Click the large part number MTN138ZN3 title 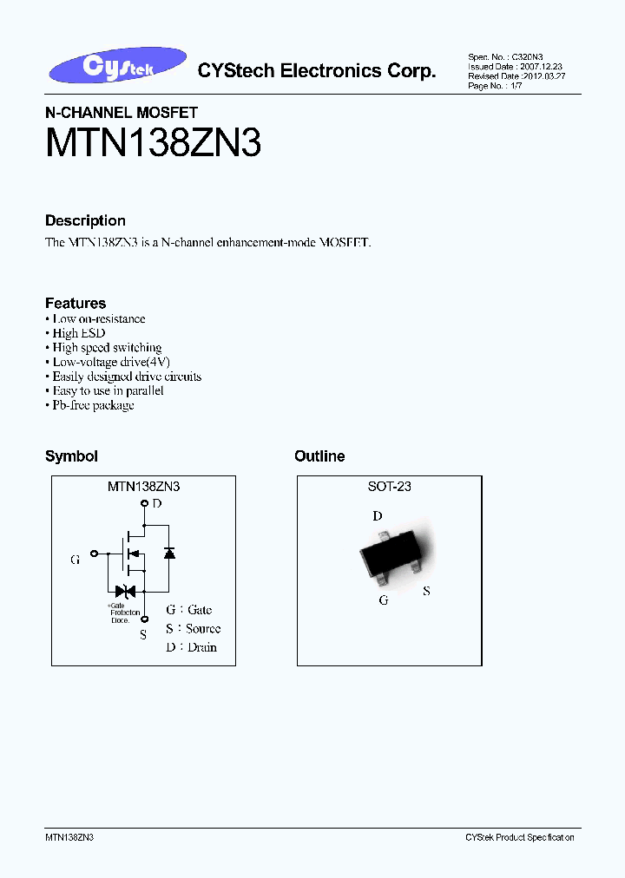click(x=153, y=141)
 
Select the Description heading click(x=85, y=221)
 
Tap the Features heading click(x=76, y=303)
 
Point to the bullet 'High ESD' click(x=79, y=333)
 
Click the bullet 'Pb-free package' click(x=93, y=405)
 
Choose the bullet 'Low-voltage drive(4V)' click(x=111, y=362)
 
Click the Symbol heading click(x=71, y=456)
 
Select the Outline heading click(x=319, y=456)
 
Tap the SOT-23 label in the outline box click(x=389, y=487)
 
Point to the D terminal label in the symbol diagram click(x=156, y=503)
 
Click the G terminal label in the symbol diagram click(x=76, y=560)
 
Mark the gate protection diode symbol click(x=125, y=592)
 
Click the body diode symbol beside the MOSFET click(x=170, y=552)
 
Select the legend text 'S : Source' click(x=193, y=628)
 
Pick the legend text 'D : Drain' click(x=191, y=647)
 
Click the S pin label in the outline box click(x=426, y=591)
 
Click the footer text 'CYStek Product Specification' click(x=519, y=837)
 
